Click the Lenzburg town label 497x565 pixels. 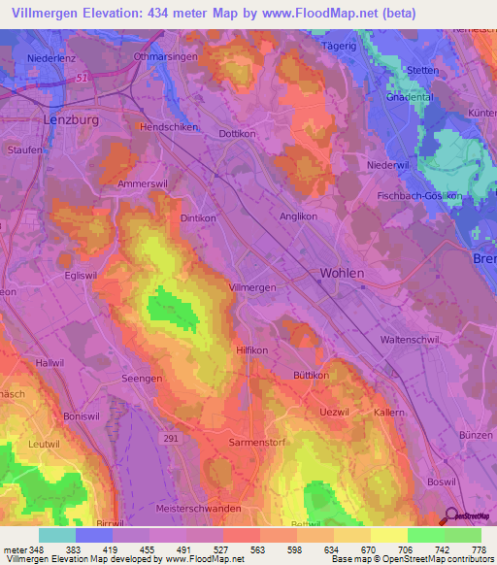click(73, 119)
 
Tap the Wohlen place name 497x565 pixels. click(342, 274)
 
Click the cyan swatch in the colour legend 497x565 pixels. click(56, 535)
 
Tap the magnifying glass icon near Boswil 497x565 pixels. click(449, 516)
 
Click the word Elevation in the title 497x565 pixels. click(122, 13)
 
